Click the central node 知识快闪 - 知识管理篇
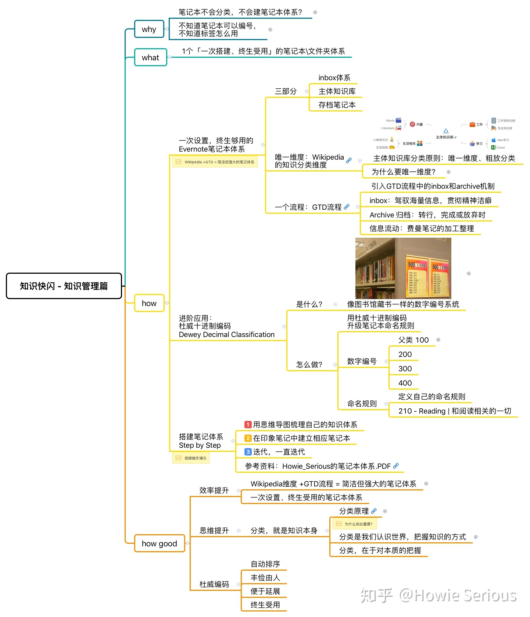click(64, 286)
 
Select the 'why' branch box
click(149, 29)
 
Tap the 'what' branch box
click(150, 57)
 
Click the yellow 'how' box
click(149, 303)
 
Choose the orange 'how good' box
click(159, 543)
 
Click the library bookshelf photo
click(403, 268)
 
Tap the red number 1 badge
click(248, 425)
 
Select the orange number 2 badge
click(248, 438)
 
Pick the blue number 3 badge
click(248, 452)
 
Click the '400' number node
click(405, 383)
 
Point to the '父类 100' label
click(413, 340)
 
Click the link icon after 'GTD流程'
click(347, 207)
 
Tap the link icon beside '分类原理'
click(374, 511)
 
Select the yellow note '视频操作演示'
click(191, 458)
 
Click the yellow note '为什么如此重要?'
click(354, 524)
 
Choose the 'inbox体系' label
click(334, 78)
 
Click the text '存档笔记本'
click(337, 105)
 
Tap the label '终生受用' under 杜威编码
click(265, 605)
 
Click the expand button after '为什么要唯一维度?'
click(448, 172)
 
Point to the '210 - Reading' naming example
click(454, 411)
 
